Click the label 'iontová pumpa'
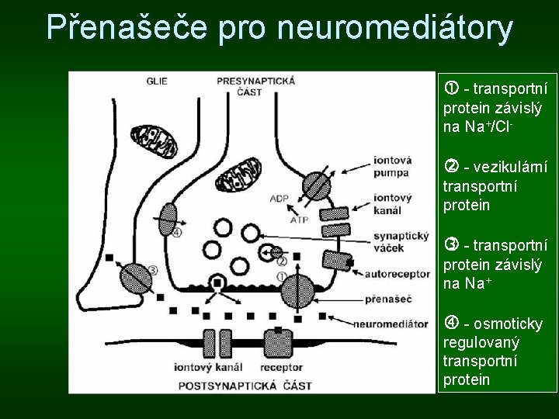392,168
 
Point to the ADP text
279,199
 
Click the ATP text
300,220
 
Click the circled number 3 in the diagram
152,270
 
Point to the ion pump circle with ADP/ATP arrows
316,185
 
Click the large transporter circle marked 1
298,293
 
